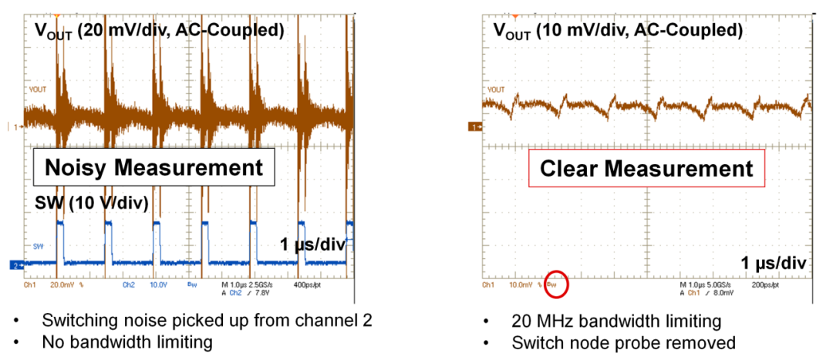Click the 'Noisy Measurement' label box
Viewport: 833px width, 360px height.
(x=153, y=167)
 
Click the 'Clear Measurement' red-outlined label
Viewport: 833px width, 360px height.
(x=646, y=168)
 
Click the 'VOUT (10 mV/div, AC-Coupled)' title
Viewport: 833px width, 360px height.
(x=618, y=31)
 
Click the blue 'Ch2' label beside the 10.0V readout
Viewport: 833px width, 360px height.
(x=128, y=284)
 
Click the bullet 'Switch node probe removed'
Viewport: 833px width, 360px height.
(x=623, y=342)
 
